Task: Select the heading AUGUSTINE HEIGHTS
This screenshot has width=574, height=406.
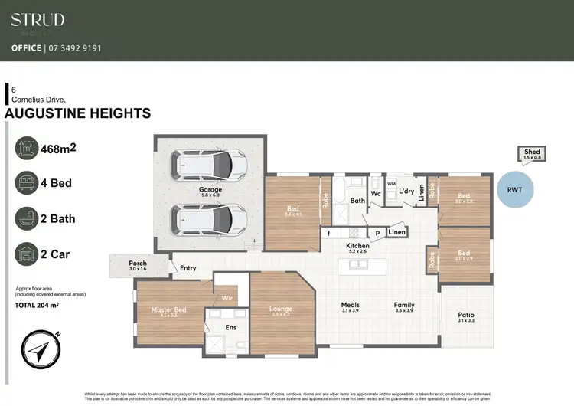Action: [x=77, y=113]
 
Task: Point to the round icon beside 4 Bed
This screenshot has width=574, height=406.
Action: [x=27, y=184]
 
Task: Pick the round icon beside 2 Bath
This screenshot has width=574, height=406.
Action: [x=27, y=218]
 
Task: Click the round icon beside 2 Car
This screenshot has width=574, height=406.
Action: [x=27, y=254]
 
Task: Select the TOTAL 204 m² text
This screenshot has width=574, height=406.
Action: [x=37, y=305]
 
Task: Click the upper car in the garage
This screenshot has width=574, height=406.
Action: [x=204, y=163]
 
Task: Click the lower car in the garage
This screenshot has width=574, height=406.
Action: [x=204, y=219]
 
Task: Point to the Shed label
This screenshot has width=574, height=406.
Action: [x=532, y=152]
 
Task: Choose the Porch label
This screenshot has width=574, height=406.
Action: [x=138, y=264]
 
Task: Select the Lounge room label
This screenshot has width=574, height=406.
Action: [x=281, y=309]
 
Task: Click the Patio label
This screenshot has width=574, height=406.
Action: [x=465, y=315]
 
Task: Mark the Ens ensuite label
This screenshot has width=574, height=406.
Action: [x=230, y=327]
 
